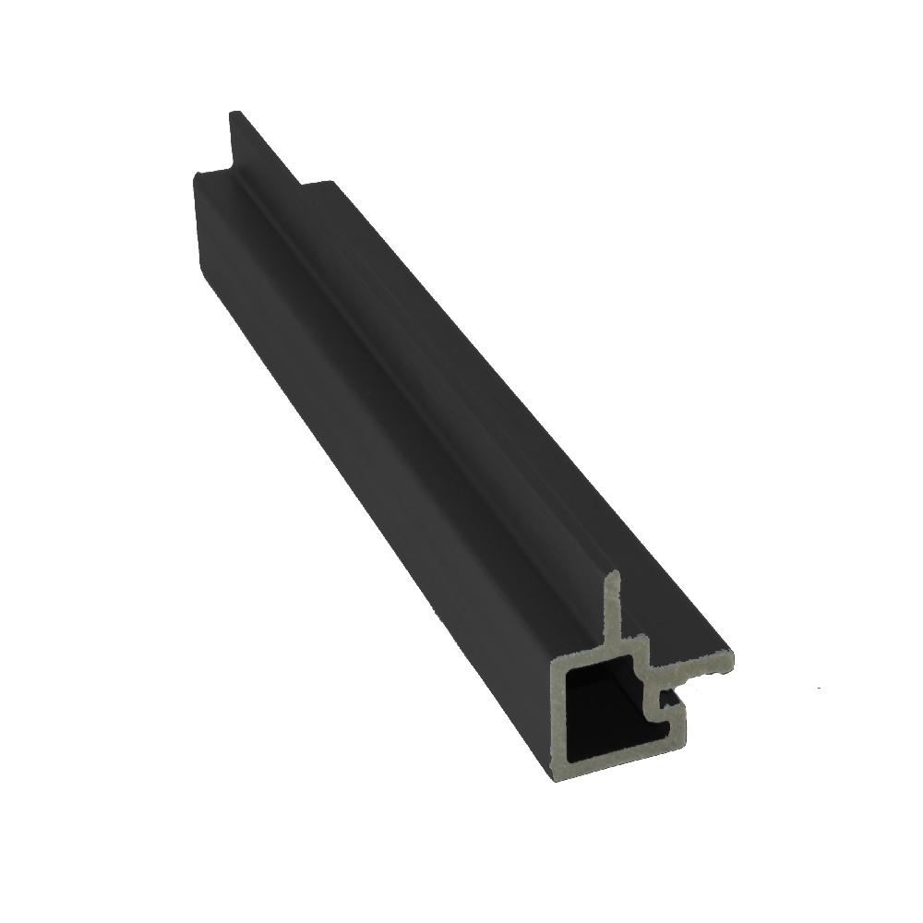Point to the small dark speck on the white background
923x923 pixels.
821,689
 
